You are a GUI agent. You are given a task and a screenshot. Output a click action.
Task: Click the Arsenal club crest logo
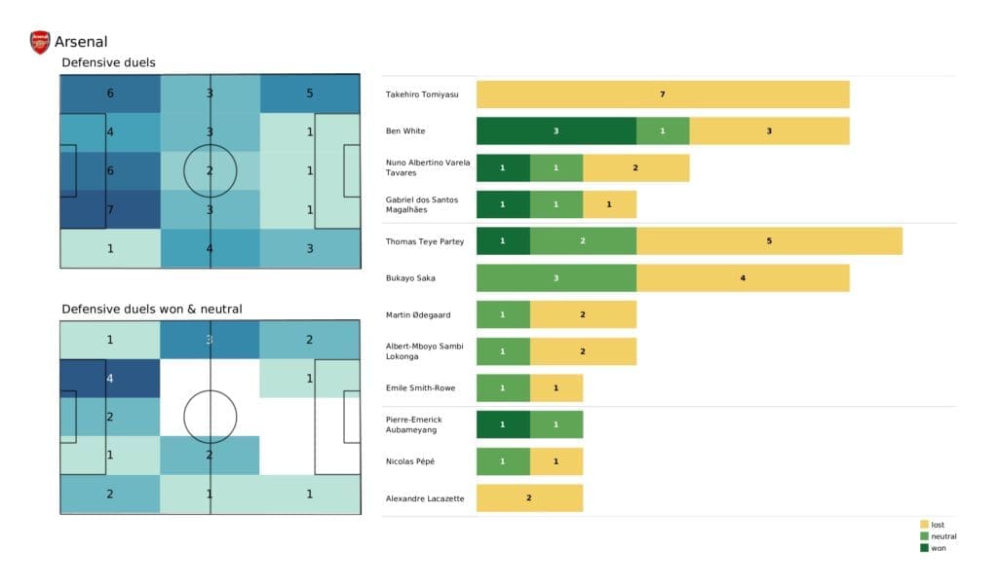point(40,42)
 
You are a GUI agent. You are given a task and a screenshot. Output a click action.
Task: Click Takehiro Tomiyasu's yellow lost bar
point(663,94)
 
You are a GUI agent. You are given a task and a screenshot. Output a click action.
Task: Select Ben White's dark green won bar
point(556,130)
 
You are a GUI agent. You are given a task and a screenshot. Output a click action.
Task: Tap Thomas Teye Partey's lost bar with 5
point(769,240)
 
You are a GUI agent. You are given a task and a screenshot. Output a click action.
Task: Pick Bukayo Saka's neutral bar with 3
point(556,277)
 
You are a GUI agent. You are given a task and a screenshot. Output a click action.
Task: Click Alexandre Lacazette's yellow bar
point(529,497)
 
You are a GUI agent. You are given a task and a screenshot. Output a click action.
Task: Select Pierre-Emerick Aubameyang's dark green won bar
point(503,424)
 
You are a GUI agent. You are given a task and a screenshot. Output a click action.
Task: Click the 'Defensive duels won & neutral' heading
point(151,309)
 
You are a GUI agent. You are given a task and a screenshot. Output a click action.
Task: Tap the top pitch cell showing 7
point(109,209)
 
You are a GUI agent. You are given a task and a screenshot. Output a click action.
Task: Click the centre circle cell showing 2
point(210,170)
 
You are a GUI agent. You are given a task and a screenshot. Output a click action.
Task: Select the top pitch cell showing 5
point(309,94)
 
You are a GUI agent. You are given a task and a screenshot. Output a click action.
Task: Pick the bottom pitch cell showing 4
point(109,379)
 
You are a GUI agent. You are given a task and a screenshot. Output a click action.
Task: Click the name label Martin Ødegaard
point(419,314)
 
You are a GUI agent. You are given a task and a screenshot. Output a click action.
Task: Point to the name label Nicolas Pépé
point(412,461)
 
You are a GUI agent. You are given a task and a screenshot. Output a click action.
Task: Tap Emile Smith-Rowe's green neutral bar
point(503,387)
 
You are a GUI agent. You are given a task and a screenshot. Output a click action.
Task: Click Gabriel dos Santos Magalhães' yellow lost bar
point(609,204)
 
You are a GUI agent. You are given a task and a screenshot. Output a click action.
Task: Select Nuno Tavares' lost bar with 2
point(635,167)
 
